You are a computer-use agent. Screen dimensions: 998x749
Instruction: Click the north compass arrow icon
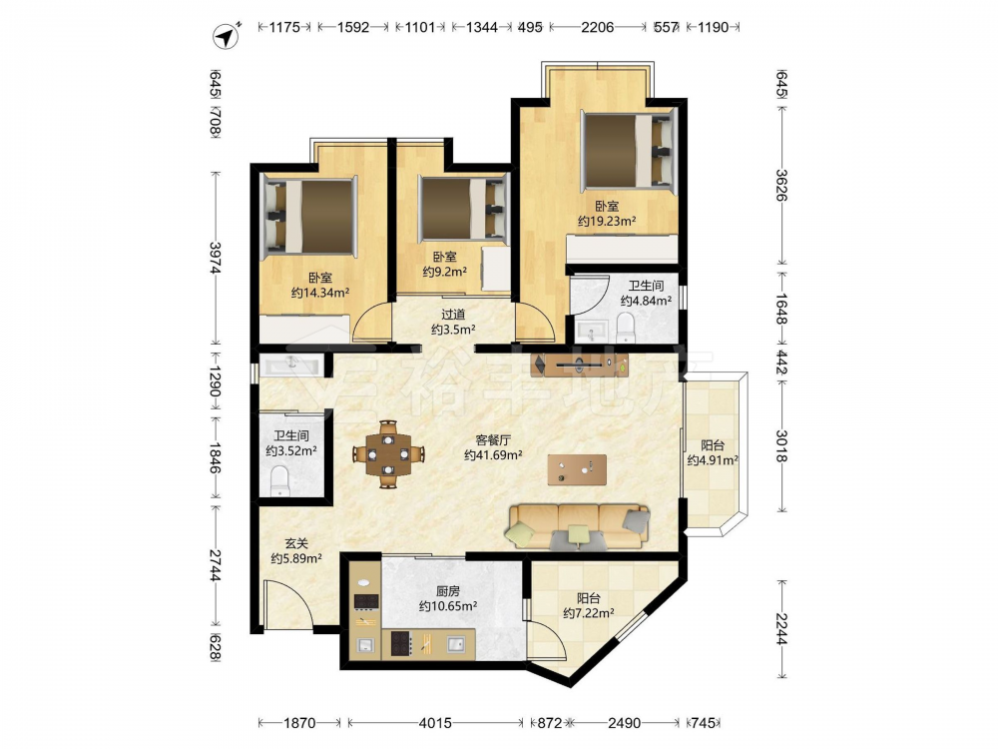(x=227, y=36)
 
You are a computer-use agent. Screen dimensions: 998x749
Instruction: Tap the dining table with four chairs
(x=388, y=454)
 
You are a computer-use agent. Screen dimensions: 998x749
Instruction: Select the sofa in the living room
(x=578, y=526)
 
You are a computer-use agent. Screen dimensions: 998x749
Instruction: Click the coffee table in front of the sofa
(x=577, y=470)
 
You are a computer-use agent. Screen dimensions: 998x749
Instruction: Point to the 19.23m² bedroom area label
(x=607, y=214)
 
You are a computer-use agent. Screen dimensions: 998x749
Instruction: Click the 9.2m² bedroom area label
(x=445, y=265)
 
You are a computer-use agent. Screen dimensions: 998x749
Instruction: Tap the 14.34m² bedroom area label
(x=320, y=286)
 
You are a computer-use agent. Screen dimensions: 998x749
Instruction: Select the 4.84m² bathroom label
(x=646, y=293)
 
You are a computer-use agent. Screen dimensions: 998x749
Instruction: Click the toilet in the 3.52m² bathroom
(x=279, y=481)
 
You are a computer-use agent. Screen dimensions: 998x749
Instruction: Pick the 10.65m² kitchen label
(x=448, y=598)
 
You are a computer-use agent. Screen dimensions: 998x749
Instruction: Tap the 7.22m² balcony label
(x=588, y=606)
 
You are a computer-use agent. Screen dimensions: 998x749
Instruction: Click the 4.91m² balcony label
(x=713, y=452)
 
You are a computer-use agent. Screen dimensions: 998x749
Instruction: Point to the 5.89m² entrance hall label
(x=296, y=551)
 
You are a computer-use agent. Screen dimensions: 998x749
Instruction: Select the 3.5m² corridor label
(x=453, y=322)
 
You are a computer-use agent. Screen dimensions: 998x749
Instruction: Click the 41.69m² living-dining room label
(x=493, y=447)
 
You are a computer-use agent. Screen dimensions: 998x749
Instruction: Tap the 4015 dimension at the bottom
(x=435, y=723)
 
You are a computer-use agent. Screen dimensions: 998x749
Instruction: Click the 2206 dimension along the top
(x=597, y=27)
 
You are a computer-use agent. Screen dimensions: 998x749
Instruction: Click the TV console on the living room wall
(x=580, y=366)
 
